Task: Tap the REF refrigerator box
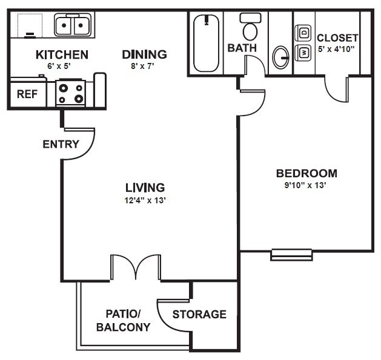25,94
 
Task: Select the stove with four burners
72,93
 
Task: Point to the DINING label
144,54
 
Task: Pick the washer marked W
303,52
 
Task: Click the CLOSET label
337,38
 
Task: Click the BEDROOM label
306,174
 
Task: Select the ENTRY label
61,145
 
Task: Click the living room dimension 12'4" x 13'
145,200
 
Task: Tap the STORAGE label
199,315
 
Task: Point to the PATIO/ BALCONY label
123,321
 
